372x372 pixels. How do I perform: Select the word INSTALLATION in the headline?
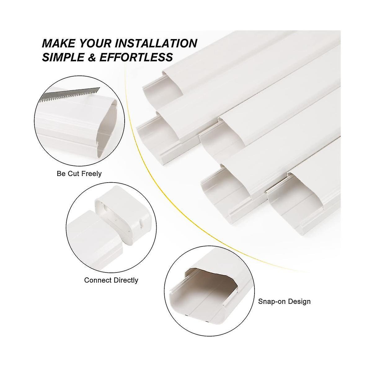pos(156,43)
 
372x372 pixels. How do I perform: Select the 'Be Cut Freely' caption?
pos(79,174)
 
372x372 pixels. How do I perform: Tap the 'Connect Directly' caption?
pos(111,280)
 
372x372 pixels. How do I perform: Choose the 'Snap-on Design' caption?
pos(284,301)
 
